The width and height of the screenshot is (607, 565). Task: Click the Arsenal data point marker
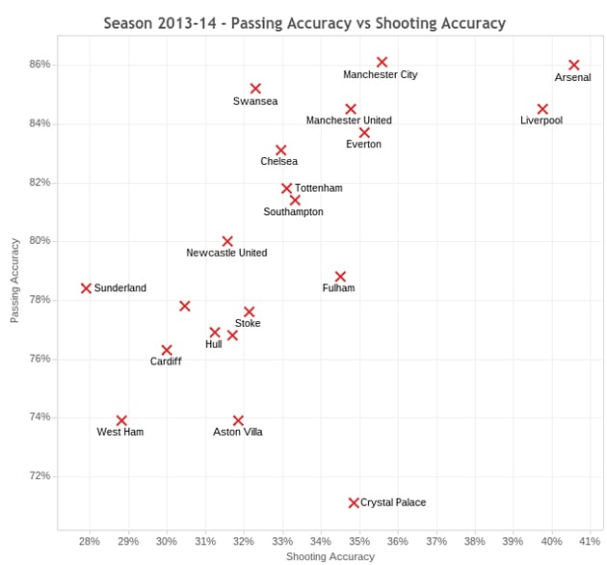[574, 65]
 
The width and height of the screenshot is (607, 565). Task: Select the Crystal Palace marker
[354, 502]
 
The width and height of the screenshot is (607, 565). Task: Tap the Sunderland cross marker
[86, 288]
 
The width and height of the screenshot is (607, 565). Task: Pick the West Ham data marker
[121, 420]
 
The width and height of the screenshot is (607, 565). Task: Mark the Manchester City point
[382, 62]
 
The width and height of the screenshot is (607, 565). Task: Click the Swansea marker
[255, 89]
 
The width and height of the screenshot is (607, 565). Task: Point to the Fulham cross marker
[340, 277]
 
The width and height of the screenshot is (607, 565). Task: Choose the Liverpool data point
[542, 109]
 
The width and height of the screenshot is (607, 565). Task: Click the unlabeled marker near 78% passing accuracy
[185, 306]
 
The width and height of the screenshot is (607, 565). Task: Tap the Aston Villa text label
[237, 432]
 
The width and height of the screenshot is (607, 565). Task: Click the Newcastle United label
[226, 253]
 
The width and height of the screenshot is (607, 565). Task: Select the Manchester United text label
[349, 121]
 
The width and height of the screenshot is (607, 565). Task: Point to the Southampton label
[293, 211]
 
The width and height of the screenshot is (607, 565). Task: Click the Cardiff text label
[165, 362]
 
